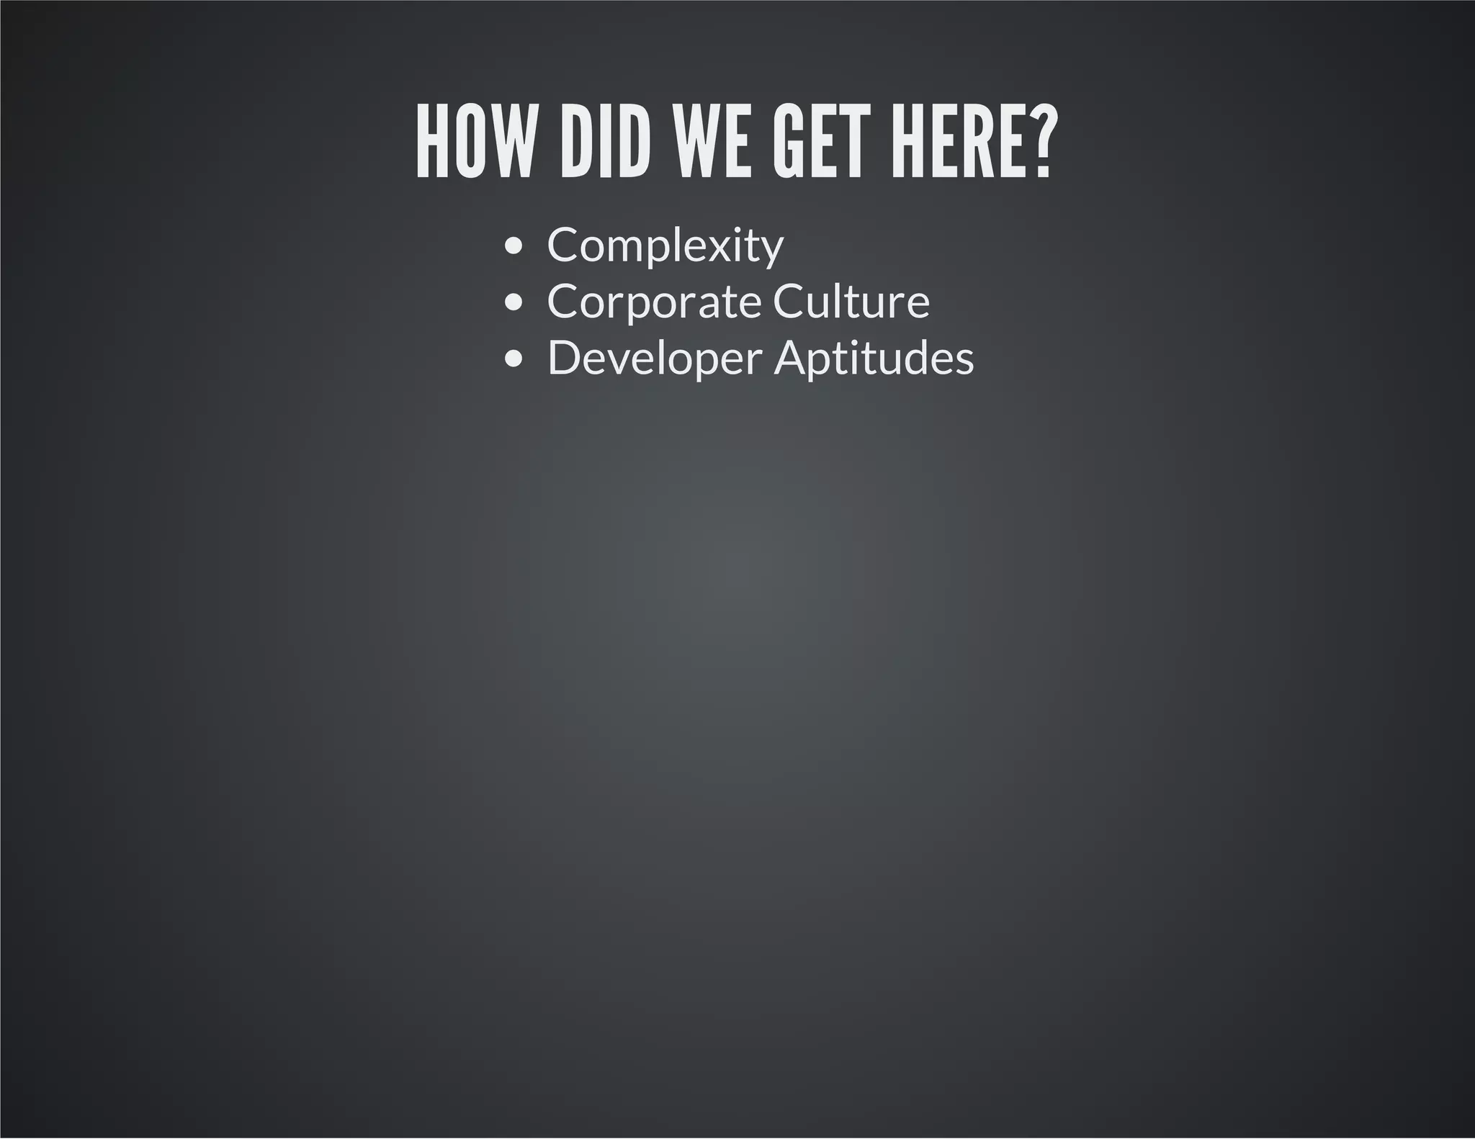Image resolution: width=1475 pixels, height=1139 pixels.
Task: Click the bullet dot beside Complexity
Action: point(514,246)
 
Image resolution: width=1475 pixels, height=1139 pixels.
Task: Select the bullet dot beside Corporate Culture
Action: point(514,302)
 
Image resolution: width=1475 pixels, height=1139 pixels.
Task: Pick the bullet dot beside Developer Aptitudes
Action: point(514,359)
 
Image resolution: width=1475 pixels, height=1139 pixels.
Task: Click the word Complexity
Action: point(665,246)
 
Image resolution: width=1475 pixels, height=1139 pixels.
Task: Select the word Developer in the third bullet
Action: point(655,359)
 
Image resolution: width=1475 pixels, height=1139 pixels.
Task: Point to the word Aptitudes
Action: point(874,359)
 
